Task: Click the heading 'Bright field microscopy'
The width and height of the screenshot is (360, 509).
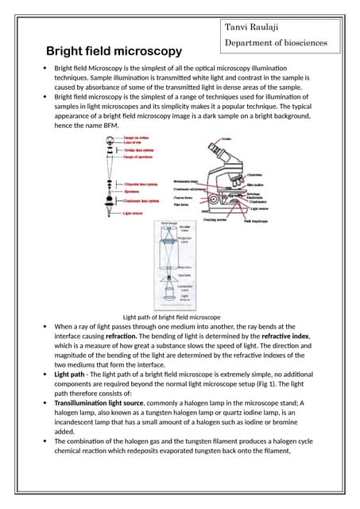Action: pyautogui.click(x=114, y=51)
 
